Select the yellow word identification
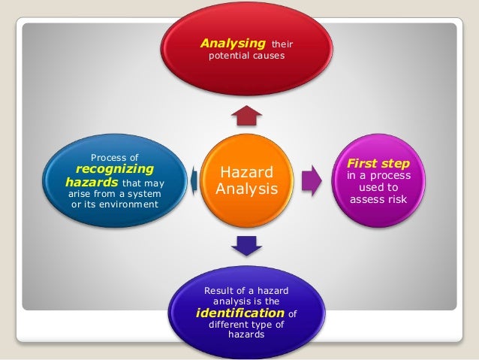pyautogui.click(x=239, y=313)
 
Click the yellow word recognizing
pyautogui.click(x=115, y=169)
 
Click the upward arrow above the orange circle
pyautogui.click(x=246, y=116)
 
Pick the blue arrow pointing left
pyautogui.click(x=194, y=179)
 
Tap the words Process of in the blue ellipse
pyautogui.click(x=114, y=157)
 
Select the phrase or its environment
pyautogui.click(x=114, y=205)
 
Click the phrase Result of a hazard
pyautogui.click(x=246, y=290)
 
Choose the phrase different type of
pyautogui.click(x=246, y=325)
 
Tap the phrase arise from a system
pyautogui.click(x=114, y=194)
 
